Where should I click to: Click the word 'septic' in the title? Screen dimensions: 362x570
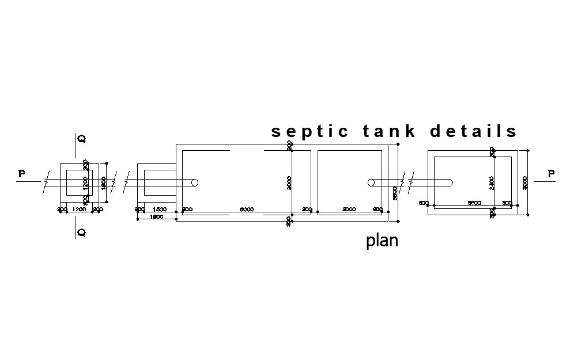[x=309, y=132]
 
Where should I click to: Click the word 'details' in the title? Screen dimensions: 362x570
[x=474, y=131]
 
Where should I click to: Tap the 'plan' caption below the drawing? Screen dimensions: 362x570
[x=382, y=240]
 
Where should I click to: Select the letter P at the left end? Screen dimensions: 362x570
[x=22, y=173]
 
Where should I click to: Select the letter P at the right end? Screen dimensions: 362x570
[x=551, y=173]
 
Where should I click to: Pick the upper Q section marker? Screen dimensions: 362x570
[x=82, y=139]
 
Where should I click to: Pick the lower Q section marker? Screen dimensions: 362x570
[x=82, y=233]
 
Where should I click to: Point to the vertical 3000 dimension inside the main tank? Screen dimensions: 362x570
[x=289, y=183]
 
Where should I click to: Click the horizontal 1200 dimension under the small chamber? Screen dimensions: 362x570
[x=80, y=209]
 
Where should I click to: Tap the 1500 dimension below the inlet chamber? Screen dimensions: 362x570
[x=160, y=209]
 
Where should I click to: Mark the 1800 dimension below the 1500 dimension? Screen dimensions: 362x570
[x=156, y=217]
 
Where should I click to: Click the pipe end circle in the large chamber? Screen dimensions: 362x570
[x=195, y=182]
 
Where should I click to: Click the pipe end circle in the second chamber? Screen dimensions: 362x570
[x=371, y=182]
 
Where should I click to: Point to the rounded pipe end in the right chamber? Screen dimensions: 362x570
[x=450, y=182]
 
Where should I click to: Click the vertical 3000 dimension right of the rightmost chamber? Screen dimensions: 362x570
[x=524, y=182]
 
